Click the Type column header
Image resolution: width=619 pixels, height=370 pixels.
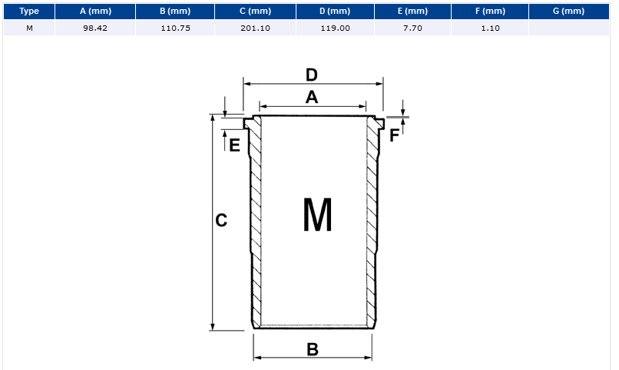[x=29, y=11]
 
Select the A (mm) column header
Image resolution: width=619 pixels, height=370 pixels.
[x=95, y=11]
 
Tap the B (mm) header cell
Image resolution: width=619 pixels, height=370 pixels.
[x=175, y=11]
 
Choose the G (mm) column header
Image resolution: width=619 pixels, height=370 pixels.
[x=568, y=11]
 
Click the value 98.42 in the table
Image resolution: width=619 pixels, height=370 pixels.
[x=95, y=28]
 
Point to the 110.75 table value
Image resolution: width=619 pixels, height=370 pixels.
[x=175, y=28]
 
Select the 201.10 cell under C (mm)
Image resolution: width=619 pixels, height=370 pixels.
[x=256, y=28]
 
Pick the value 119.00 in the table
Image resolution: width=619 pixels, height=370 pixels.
[x=335, y=28]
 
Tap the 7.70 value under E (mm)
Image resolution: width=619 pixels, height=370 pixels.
[x=412, y=28]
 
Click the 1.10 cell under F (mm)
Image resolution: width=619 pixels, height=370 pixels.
[x=490, y=28]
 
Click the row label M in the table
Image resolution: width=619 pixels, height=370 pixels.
[x=29, y=28]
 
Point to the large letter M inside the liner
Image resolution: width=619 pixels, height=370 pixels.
[x=317, y=215]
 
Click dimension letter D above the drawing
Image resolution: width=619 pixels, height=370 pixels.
[x=312, y=75]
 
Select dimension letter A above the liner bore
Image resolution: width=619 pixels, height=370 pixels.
[x=312, y=97]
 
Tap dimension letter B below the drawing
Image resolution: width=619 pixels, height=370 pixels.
[x=313, y=349]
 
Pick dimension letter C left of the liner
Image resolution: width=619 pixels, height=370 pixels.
[x=221, y=220]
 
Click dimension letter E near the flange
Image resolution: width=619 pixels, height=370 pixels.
[x=234, y=145]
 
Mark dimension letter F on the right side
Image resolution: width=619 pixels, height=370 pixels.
[x=395, y=135]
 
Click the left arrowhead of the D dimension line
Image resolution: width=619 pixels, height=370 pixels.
[x=247, y=84]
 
